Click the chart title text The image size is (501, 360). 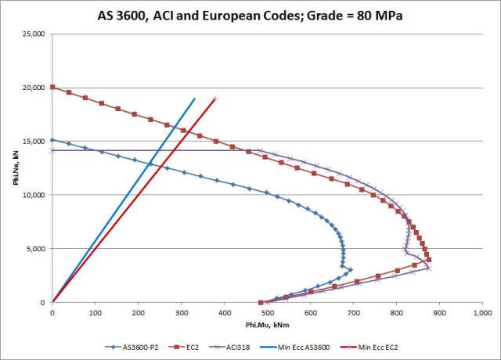[250, 14]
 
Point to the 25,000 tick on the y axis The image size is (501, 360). [33, 34]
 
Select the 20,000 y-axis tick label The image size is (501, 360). [33, 88]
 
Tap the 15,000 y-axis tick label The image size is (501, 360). [33, 141]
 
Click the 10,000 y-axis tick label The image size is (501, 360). [33, 195]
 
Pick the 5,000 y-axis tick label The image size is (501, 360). [35, 249]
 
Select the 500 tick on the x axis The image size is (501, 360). [267, 313]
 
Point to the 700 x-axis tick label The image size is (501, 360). [353, 313]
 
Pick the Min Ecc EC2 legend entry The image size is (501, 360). [398, 346]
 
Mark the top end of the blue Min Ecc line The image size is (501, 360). [195, 99]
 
